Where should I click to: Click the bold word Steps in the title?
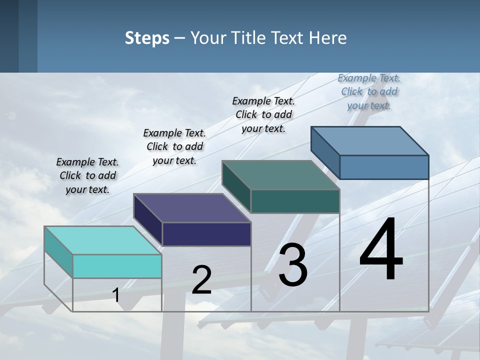[147, 38]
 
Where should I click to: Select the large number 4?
[381, 249]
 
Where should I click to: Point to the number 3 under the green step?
[293, 265]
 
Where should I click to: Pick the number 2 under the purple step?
[201, 280]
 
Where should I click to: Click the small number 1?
[116, 295]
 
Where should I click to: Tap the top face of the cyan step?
[102, 240]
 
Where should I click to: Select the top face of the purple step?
[192, 208]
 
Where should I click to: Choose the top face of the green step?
[280, 175]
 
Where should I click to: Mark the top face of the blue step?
[369, 141]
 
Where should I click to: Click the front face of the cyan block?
[117, 266]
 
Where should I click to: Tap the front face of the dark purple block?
[206, 234]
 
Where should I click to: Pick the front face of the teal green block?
[295, 201]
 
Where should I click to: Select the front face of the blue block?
[384, 167]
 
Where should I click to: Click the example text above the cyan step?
[87, 175]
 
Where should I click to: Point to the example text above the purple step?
[174, 146]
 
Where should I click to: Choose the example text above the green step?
[263, 114]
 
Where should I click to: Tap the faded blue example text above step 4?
[369, 91]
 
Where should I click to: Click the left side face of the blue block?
[325, 152]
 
